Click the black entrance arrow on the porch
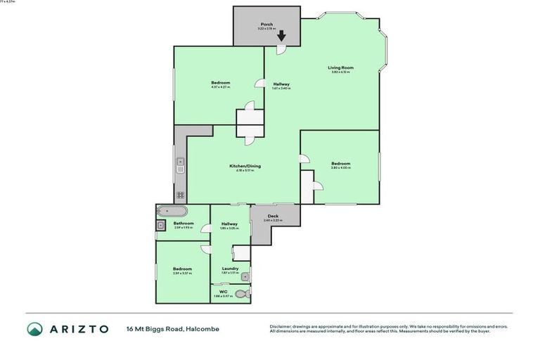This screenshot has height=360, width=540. [x=281, y=36]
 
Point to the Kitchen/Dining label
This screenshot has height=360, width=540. [x=245, y=166]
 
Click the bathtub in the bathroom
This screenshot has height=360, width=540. [x=173, y=211]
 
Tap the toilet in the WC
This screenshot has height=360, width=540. [x=242, y=295]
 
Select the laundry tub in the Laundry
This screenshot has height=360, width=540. [x=244, y=276]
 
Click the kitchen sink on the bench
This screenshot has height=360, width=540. [x=180, y=167]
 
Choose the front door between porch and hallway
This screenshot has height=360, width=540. [x=280, y=50]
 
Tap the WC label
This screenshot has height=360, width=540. [x=223, y=292]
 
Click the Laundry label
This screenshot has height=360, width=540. [x=229, y=268]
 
